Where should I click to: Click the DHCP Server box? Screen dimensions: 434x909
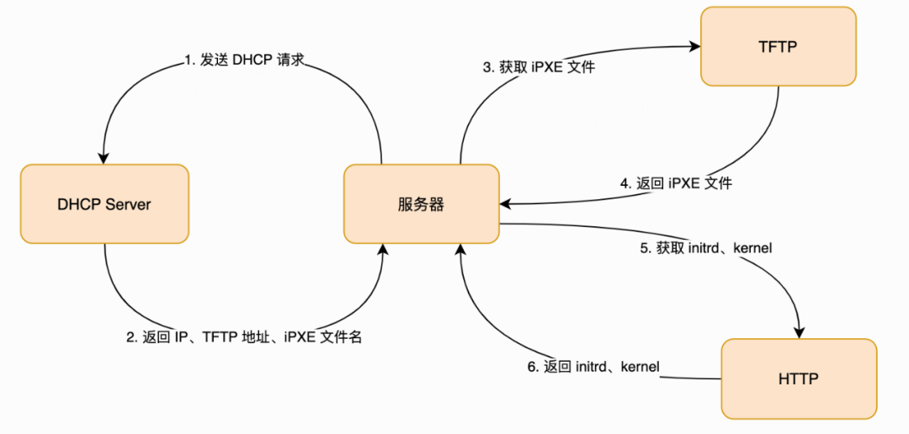tap(104, 204)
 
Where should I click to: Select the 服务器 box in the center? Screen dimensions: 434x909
tap(421, 204)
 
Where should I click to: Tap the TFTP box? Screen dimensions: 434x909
tap(778, 47)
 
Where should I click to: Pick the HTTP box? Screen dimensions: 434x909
tap(799, 378)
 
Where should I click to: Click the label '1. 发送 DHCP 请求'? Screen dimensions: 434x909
tap(244, 61)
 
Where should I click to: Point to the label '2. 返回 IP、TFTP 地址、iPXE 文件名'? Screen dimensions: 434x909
tap(244, 337)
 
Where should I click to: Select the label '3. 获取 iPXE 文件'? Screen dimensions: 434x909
tap(539, 67)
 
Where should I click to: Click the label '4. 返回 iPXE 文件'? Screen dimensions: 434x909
tap(676, 183)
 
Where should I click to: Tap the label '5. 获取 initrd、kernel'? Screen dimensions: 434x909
tap(706, 248)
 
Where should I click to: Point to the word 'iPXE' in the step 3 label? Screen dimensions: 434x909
tap(548, 67)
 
